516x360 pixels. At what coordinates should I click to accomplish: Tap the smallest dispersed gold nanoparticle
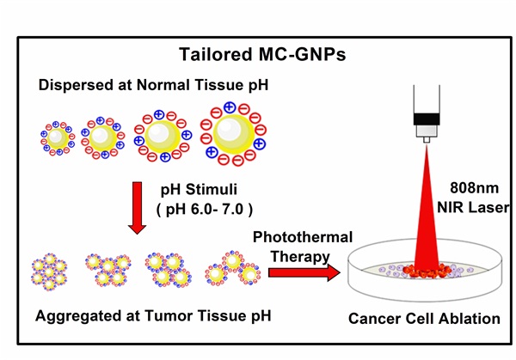[57, 137]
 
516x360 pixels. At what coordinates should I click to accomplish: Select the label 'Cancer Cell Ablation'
[424, 319]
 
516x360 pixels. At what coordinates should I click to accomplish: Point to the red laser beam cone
[421, 206]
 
